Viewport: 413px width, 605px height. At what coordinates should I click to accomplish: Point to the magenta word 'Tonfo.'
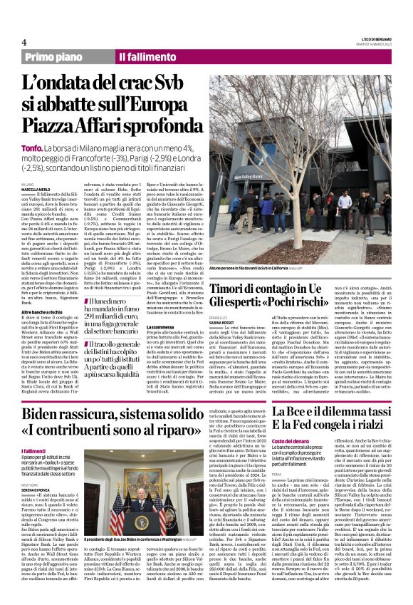tap(34, 148)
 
